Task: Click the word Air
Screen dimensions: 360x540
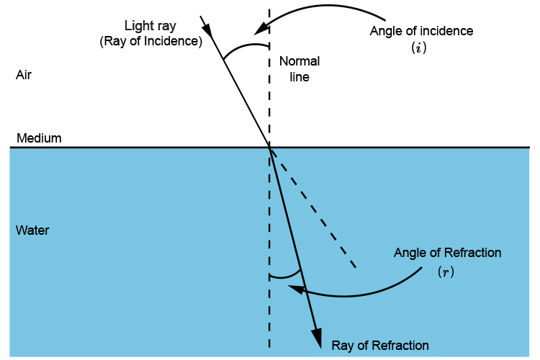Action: (x=24, y=75)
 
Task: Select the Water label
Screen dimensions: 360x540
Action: (x=32, y=231)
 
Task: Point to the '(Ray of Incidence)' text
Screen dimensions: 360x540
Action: (x=150, y=41)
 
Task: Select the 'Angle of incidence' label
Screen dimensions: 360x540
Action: (x=421, y=31)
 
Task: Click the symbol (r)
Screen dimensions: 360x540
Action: (x=446, y=273)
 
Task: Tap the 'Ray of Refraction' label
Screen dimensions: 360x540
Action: (x=380, y=345)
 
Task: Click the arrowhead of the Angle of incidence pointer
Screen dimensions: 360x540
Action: (x=258, y=30)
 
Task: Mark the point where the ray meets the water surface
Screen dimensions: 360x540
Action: (x=269, y=148)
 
